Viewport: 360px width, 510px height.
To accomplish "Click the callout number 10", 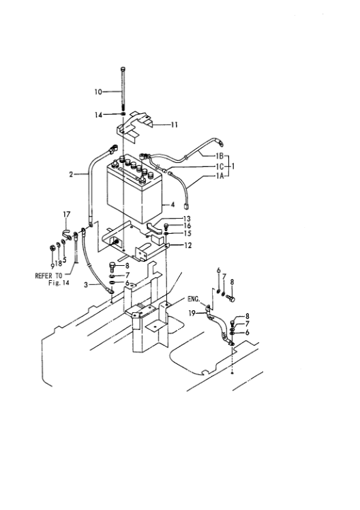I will click(98, 91).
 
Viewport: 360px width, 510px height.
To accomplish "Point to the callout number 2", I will click(72, 175).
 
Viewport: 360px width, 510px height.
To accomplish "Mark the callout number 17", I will click(67, 215).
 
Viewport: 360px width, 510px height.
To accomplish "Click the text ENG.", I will click(194, 298).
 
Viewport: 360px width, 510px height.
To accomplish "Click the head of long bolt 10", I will click(123, 70).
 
